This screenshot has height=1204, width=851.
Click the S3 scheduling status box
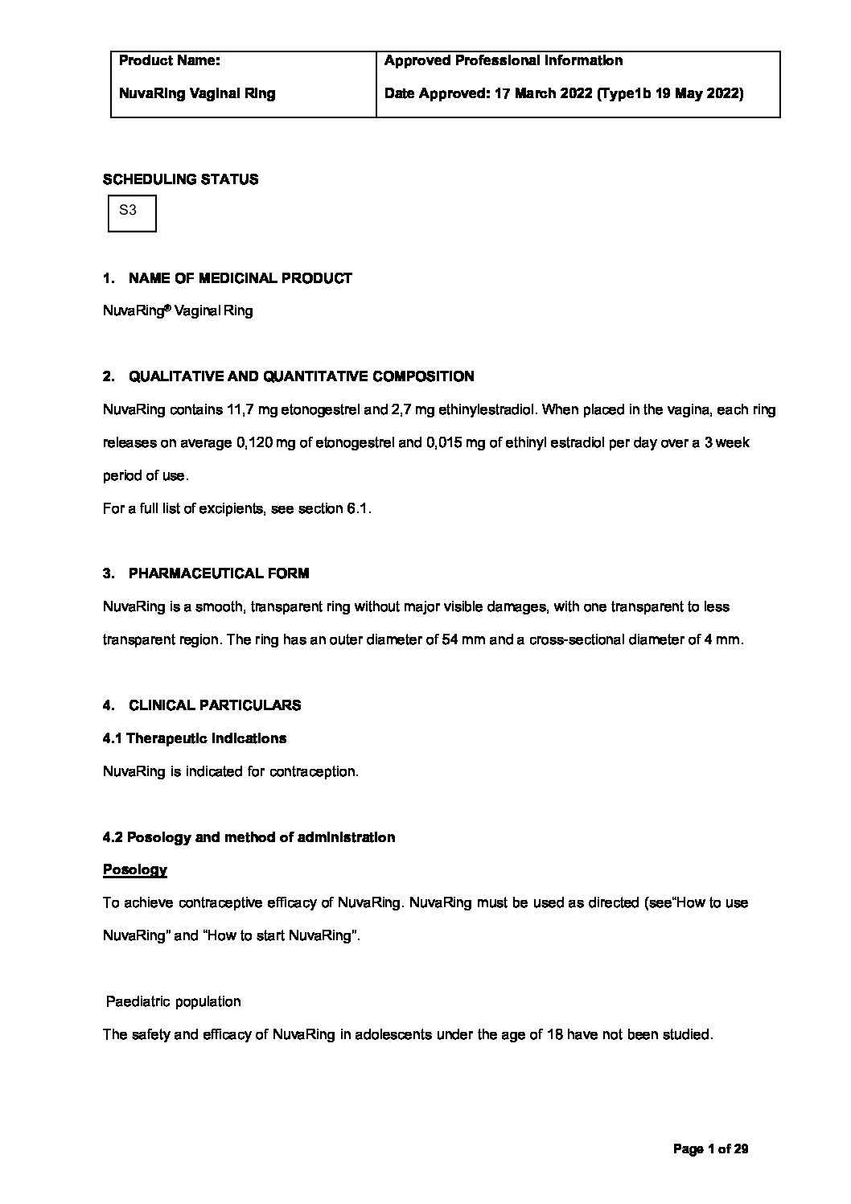coord(132,213)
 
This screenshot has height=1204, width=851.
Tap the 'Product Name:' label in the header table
coord(169,60)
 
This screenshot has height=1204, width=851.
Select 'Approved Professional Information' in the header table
coord(503,60)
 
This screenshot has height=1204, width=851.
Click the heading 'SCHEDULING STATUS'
coord(180,179)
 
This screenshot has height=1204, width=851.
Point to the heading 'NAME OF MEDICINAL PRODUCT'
coord(240,278)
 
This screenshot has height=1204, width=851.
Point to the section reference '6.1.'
coord(359,509)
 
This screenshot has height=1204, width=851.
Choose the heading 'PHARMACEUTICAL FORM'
coord(218,573)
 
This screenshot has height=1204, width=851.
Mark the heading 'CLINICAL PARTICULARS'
coord(214,705)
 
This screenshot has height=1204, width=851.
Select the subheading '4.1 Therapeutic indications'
coord(195,738)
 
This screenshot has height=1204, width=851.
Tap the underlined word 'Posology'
coord(135,870)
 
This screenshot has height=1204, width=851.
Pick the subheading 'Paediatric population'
coord(174,1002)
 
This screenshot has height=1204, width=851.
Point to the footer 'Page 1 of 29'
coord(710,1149)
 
